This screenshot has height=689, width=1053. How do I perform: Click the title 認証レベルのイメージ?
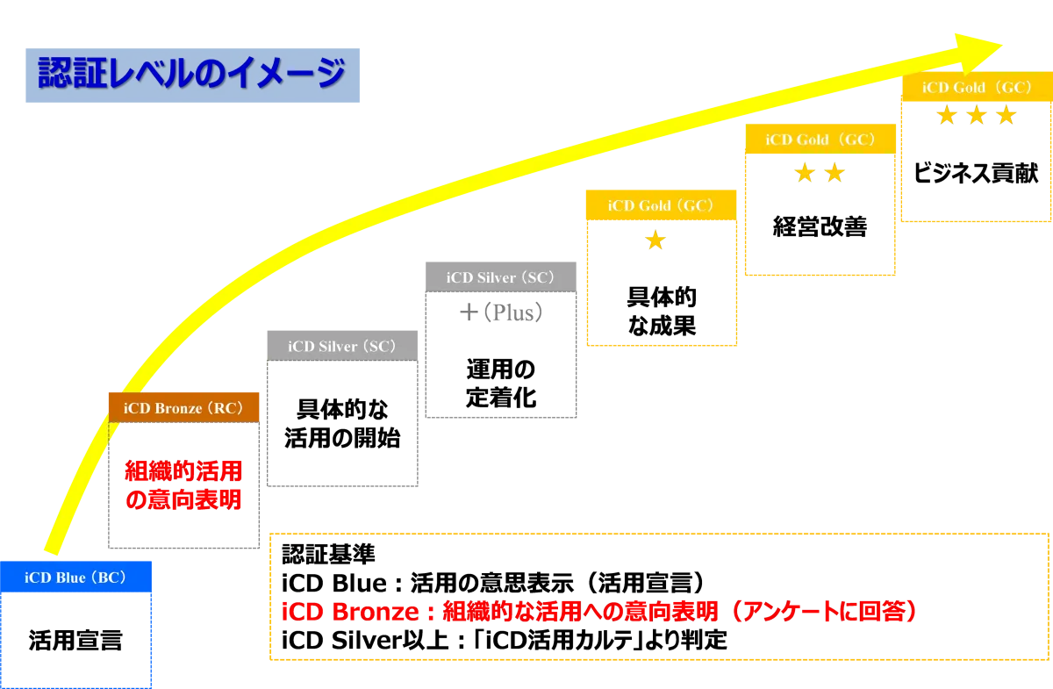191,74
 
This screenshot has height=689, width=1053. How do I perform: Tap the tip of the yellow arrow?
1000,47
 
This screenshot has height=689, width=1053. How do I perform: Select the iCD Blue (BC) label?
75,578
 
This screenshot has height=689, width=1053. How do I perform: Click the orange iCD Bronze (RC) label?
183,408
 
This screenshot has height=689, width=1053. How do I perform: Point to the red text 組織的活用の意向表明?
183,485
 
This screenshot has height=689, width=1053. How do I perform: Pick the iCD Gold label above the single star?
659,205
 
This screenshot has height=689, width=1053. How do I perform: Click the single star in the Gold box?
655,241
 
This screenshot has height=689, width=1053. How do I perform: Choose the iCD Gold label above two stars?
820,140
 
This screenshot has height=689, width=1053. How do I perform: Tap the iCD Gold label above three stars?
976,88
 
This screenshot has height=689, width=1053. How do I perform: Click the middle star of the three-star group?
977,116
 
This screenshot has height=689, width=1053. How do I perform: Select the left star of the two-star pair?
804,173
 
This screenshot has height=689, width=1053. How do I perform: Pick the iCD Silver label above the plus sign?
500,277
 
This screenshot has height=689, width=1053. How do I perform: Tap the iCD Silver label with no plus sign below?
342,347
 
